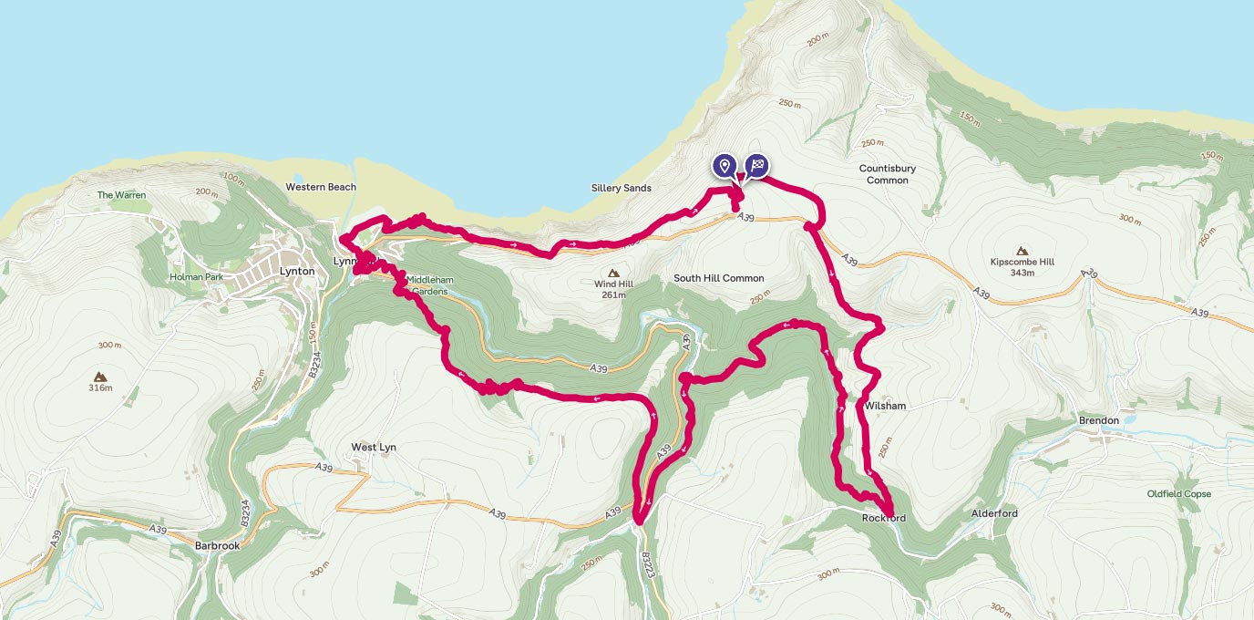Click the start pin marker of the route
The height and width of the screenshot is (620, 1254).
[725, 166]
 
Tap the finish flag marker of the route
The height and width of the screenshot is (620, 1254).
[756, 166]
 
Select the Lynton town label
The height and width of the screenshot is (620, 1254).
[297, 272]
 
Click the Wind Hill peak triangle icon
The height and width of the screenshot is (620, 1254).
[613, 273]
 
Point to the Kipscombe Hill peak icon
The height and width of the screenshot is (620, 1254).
[1021, 251]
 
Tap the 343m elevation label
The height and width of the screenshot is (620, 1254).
[1021, 273]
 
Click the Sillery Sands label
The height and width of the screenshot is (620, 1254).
[620, 188]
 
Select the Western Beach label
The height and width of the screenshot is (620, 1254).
[321, 187]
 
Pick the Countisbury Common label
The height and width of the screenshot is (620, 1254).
[888, 174]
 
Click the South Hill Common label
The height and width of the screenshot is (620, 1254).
[718, 278]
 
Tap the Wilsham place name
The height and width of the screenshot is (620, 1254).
[887, 406]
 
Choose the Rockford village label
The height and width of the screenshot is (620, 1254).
[884, 519]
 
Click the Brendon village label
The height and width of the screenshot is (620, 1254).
[1098, 420]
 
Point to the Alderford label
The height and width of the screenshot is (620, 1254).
[994, 513]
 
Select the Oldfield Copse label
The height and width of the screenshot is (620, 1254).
[1179, 494]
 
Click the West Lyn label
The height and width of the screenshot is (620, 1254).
[374, 448]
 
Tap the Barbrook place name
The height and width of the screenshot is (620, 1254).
[217, 546]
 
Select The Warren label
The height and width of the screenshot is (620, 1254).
[121, 195]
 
